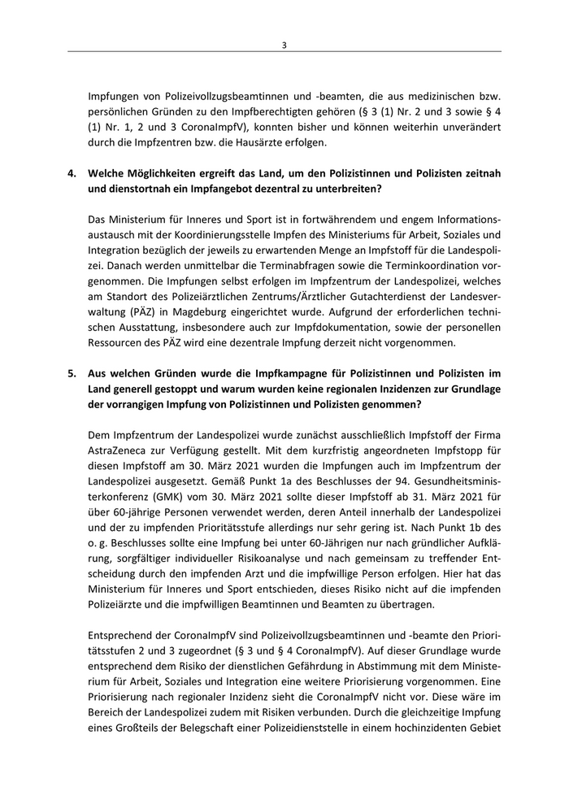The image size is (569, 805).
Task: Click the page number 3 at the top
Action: pyautogui.click(x=284, y=45)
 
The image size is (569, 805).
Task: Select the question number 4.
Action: pyautogui.click(x=72, y=174)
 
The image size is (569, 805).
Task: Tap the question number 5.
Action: pyautogui.click(x=72, y=372)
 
